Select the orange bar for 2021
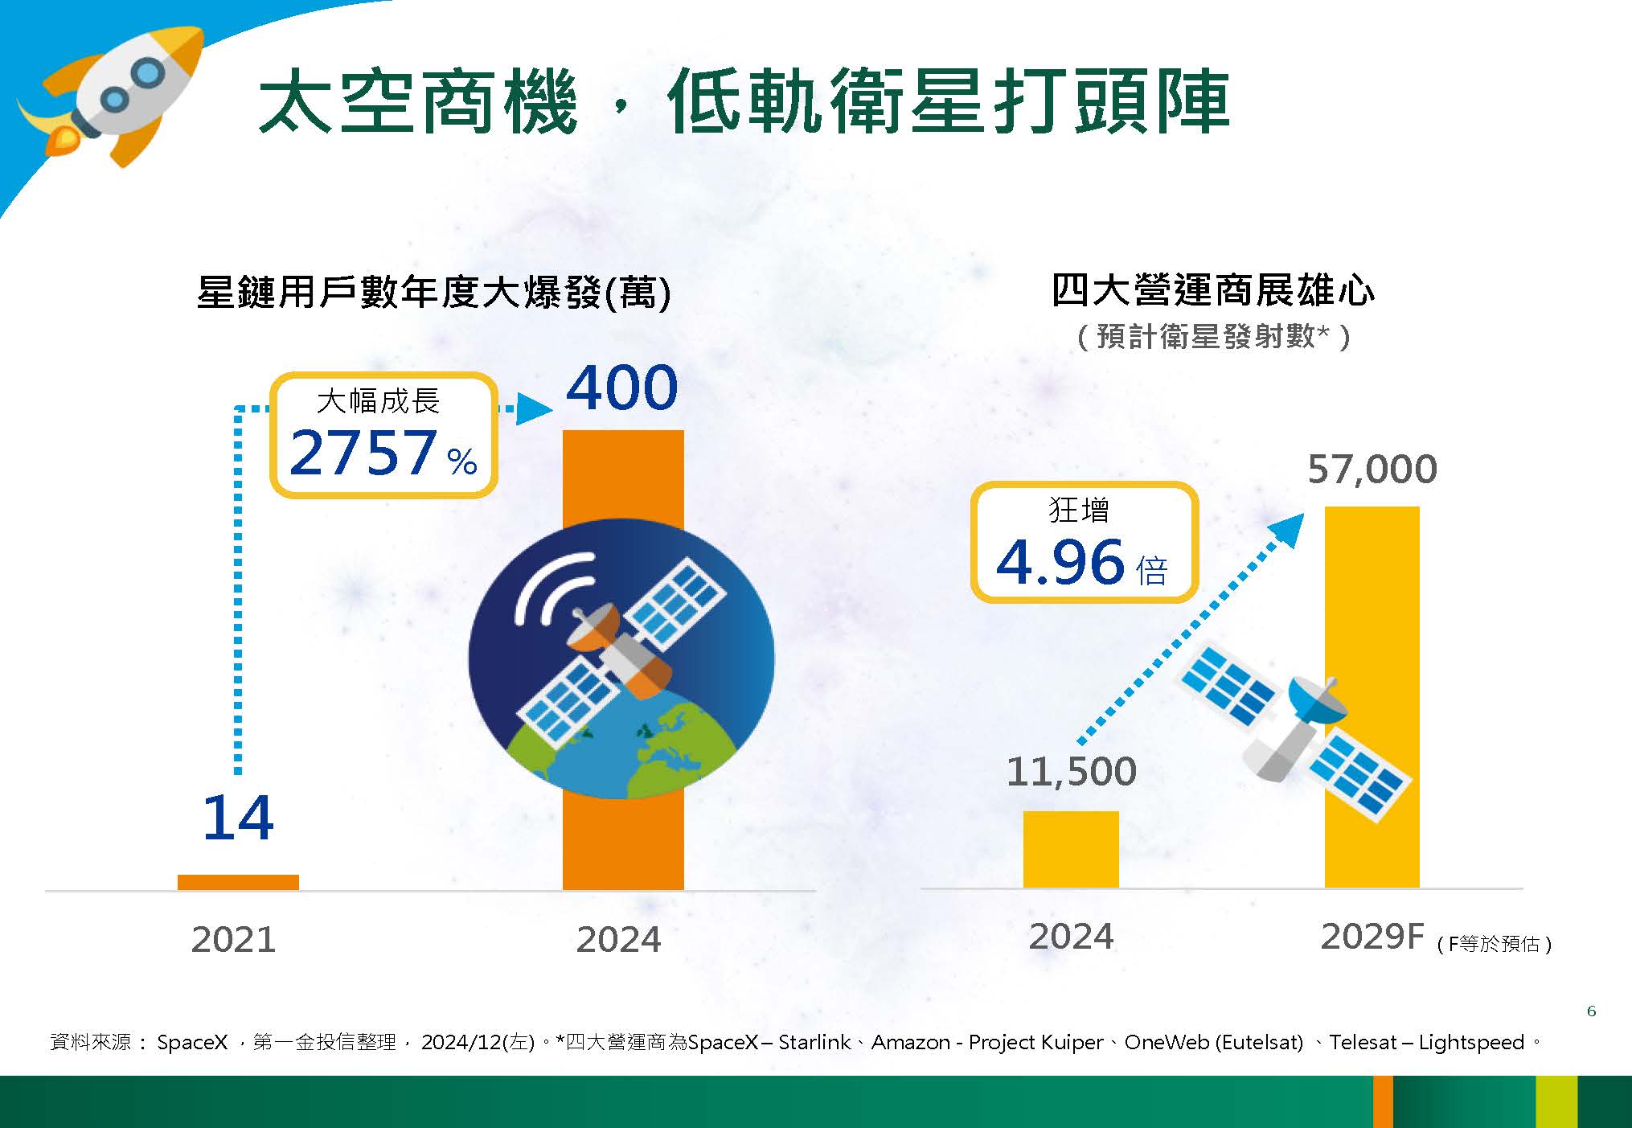coord(238,882)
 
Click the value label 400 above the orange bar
coord(622,388)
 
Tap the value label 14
coord(238,818)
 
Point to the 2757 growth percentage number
coord(363,452)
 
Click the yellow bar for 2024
coord(1071,849)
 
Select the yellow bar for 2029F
coord(1372,697)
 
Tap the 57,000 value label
coord(1372,470)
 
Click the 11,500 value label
coord(1071,772)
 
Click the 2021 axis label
coord(233,939)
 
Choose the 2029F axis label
coord(1372,937)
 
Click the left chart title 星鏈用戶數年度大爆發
coord(400,292)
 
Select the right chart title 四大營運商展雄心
coord(1213,290)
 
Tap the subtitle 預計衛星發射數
coord(1205,336)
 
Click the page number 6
coord(1591,1011)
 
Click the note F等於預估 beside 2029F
coord(1495,944)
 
